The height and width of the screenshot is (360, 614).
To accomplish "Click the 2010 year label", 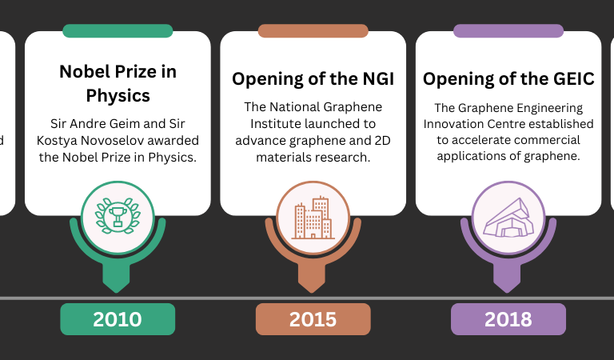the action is pos(118,319).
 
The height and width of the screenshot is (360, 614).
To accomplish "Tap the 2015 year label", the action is pos(313,319).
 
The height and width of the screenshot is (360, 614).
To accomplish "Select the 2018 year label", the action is pos(508,319).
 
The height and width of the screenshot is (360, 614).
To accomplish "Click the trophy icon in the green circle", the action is pos(118,216).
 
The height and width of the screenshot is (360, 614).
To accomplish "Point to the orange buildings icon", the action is pos(313,218).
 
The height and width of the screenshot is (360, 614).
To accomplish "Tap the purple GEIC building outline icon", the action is pos(508,218).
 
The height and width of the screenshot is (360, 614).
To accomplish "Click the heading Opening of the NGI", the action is pos(313,78).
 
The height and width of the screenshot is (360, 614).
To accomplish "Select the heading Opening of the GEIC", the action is pos(508,78).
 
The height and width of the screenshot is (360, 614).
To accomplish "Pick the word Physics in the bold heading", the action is pos(118,95).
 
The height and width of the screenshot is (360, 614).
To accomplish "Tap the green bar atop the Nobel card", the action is pos(118,31).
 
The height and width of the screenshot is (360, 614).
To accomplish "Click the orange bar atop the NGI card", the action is pos(313,31).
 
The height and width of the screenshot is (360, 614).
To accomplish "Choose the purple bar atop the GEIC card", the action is pos(508,31).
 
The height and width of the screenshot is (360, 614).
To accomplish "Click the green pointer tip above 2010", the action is pos(116,292).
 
